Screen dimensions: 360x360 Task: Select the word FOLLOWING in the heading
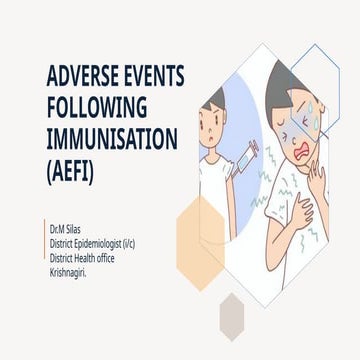[x=96, y=106]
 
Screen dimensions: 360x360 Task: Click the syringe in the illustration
[x=249, y=152]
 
